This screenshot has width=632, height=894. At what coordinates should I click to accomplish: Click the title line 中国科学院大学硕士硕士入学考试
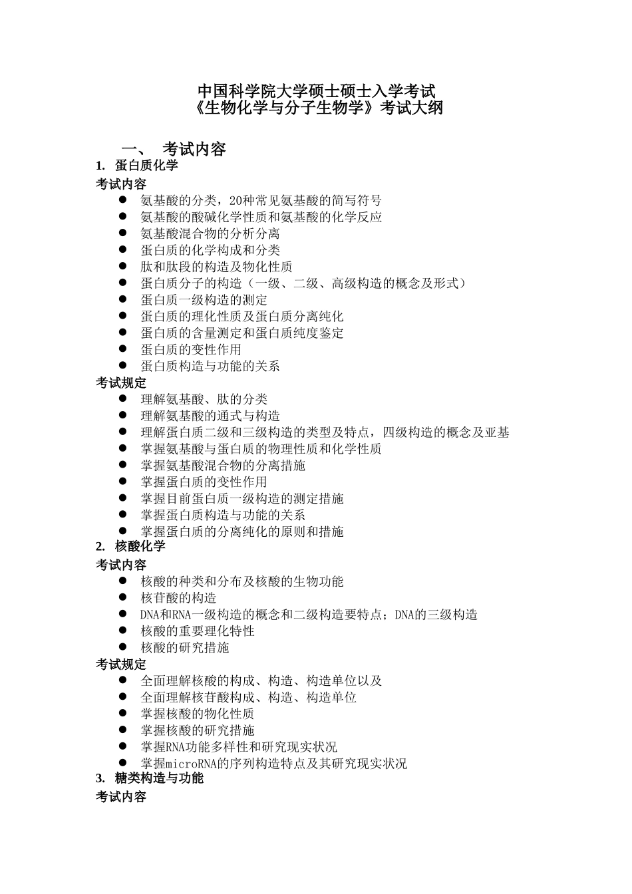point(316,90)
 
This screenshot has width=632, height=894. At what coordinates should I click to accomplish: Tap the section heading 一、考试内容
point(174,149)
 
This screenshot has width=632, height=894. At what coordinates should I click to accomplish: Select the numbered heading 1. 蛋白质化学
point(137,166)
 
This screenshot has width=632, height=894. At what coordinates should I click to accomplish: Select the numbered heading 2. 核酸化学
point(130,547)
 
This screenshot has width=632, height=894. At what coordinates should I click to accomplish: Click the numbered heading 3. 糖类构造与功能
point(150,778)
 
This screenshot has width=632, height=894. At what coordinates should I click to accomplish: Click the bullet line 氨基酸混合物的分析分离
point(210,233)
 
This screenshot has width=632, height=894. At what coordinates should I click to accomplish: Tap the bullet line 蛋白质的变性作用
point(191,349)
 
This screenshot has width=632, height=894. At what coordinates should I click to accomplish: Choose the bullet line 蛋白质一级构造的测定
point(204,300)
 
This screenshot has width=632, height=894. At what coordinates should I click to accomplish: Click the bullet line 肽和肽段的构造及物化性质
point(216,267)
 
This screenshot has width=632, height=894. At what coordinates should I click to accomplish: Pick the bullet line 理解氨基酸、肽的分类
point(204,399)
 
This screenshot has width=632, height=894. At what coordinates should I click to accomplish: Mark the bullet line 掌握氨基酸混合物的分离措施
point(223,465)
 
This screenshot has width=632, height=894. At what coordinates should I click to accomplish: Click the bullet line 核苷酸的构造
point(178,598)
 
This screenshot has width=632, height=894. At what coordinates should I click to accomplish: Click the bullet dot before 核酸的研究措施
point(123,647)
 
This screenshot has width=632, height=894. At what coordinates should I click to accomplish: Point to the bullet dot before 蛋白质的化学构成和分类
point(123,249)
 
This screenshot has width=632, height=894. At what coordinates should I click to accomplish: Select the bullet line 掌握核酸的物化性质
point(197,714)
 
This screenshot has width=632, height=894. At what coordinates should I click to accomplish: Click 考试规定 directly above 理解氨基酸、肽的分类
point(121,383)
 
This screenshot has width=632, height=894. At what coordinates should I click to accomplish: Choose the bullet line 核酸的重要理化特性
point(197,631)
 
